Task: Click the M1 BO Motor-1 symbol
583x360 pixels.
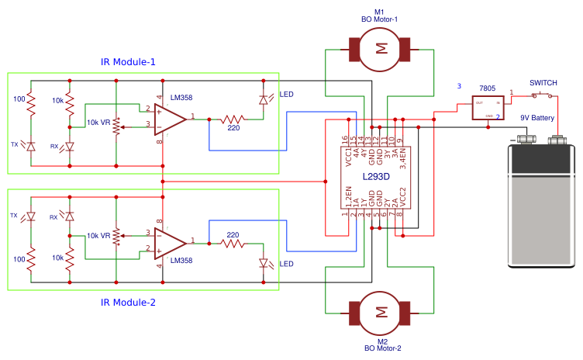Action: pyautogui.click(x=381, y=48)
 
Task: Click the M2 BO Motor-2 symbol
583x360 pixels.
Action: pyautogui.click(x=381, y=312)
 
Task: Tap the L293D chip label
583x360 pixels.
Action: pyautogui.click(x=376, y=178)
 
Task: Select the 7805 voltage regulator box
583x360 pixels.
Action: pyautogui.click(x=488, y=108)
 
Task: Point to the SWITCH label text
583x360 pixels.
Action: pyautogui.click(x=543, y=82)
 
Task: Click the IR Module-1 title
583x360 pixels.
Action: pyautogui.click(x=128, y=62)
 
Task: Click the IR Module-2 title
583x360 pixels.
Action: pyautogui.click(x=128, y=302)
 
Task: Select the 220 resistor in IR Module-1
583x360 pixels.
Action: pyautogui.click(x=233, y=119)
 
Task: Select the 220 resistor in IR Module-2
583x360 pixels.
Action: pyautogui.click(x=233, y=244)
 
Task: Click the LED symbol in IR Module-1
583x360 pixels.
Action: pyautogui.click(x=263, y=99)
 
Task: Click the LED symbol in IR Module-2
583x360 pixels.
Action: pyautogui.click(x=263, y=263)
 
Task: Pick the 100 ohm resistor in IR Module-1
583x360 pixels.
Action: pyautogui.click(x=32, y=105)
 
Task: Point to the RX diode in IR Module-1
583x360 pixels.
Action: pyautogui.click(x=70, y=146)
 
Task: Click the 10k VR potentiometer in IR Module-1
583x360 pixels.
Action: pyautogui.click(x=116, y=124)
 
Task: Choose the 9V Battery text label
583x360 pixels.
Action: pyautogui.click(x=536, y=118)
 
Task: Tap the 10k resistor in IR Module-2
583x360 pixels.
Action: pyautogui.click(x=70, y=256)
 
